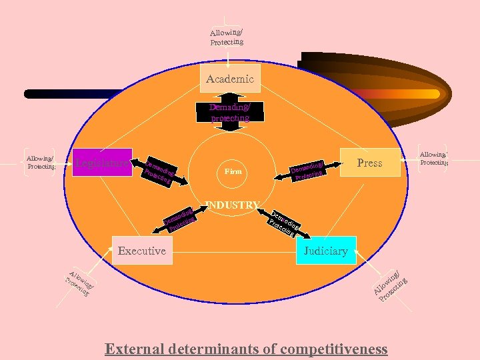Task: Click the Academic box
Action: pos(230,79)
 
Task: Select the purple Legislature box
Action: pos(102,162)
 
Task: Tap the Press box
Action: pos(369,162)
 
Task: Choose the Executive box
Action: pos(141,251)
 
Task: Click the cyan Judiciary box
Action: pos(325,251)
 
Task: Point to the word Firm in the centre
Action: pos(233,171)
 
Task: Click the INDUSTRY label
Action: pos(233,204)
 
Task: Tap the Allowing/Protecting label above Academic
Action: pos(227,37)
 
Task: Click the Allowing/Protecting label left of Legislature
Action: pos(39,162)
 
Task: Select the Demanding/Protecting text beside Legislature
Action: pos(160,171)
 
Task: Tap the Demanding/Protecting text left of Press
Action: pos(308,170)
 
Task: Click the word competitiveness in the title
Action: pos(335,349)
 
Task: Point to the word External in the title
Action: pos(136,349)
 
